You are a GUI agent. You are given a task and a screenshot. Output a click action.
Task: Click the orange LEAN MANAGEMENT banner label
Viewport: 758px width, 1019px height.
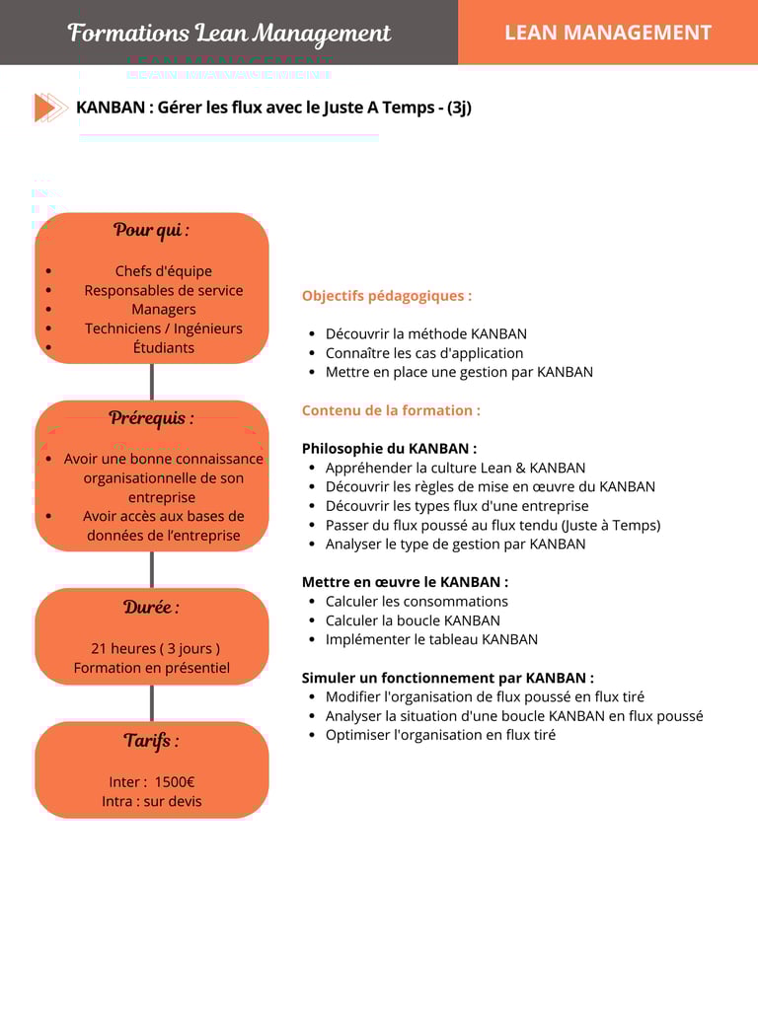click(x=607, y=33)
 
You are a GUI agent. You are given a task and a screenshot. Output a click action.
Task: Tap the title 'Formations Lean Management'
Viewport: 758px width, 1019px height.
click(x=229, y=33)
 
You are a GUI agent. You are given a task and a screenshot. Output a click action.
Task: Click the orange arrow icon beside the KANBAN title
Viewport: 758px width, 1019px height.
click(x=49, y=108)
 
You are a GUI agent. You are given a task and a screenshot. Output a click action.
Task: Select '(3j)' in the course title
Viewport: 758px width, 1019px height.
click(x=459, y=108)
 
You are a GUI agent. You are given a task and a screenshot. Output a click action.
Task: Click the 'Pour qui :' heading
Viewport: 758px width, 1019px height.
click(x=151, y=230)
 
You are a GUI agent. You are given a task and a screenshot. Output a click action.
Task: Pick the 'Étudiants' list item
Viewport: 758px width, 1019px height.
click(x=164, y=347)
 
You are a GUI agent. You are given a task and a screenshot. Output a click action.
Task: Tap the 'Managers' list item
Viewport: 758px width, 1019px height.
click(x=164, y=309)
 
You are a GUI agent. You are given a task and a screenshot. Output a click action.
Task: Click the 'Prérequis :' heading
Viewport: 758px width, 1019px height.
click(x=151, y=417)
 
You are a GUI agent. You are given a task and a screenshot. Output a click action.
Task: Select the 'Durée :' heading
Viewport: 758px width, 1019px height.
click(x=151, y=607)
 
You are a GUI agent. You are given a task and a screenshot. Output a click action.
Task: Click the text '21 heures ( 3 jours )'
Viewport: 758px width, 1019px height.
click(x=155, y=648)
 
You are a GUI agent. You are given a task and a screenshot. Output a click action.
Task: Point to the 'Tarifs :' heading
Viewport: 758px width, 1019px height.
click(x=151, y=740)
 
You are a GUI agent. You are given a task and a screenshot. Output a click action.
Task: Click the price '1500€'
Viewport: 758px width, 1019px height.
click(x=175, y=782)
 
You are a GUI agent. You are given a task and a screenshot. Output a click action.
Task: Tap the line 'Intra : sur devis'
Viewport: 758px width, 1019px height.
click(x=151, y=801)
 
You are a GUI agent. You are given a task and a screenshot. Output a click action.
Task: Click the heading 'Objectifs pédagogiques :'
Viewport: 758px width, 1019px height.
click(x=387, y=295)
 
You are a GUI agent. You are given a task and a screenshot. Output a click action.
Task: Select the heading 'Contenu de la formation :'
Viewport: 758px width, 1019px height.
click(x=391, y=410)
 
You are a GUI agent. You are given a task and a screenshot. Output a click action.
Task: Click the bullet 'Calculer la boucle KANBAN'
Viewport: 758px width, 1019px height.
click(x=413, y=620)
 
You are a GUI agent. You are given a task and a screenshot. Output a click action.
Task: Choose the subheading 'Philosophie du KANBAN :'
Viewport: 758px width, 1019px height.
click(x=389, y=448)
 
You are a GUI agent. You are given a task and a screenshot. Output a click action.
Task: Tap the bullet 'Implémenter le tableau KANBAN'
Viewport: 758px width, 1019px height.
click(x=431, y=639)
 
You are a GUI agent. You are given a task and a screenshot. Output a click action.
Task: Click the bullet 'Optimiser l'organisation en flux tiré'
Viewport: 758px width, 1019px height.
click(x=440, y=735)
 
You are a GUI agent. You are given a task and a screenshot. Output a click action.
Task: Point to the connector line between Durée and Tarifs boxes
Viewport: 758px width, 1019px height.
click(x=151, y=702)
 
